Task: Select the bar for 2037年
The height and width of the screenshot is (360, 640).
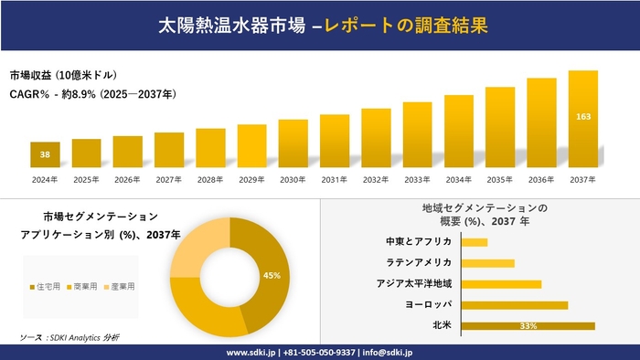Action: tap(582, 119)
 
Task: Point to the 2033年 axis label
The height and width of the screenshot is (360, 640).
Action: tap(417, 179)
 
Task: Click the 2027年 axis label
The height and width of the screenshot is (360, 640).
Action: tap(169, 179)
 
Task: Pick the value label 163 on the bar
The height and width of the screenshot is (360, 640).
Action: tap(582, 117)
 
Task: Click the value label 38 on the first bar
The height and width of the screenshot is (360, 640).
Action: tap(45, 154)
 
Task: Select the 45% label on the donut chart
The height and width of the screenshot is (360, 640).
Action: tap(272, 275)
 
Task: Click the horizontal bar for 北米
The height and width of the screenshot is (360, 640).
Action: tap(528, 325)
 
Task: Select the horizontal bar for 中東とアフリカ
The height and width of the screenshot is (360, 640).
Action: tap(475, 241)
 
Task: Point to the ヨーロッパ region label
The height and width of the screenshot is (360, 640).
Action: tap(428, 304)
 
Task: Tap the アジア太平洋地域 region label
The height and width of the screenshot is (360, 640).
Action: tap(414, 283)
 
